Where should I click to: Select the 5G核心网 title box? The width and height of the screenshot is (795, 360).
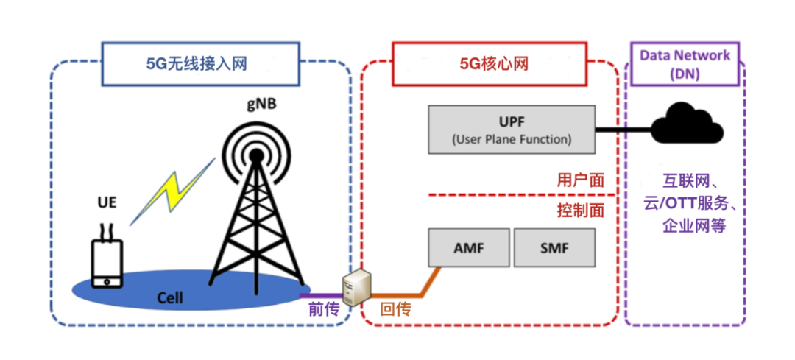tap(490, 64)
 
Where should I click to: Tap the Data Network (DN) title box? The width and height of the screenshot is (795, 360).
tap(685, 65)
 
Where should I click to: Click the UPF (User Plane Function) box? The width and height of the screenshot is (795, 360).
tap(512, 130)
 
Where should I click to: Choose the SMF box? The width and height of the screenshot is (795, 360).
tap(554, 247)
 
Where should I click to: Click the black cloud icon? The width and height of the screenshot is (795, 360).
tap(688, 125)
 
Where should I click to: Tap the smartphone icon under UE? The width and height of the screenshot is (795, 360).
tap(106, 262)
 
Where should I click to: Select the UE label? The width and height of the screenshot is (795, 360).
tap(107, 202)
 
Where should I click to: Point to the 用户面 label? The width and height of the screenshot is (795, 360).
tap(580, 179)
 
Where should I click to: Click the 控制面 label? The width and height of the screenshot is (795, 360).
tap(580, 211)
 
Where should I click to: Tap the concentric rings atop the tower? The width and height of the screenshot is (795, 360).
tap(255, 153)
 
